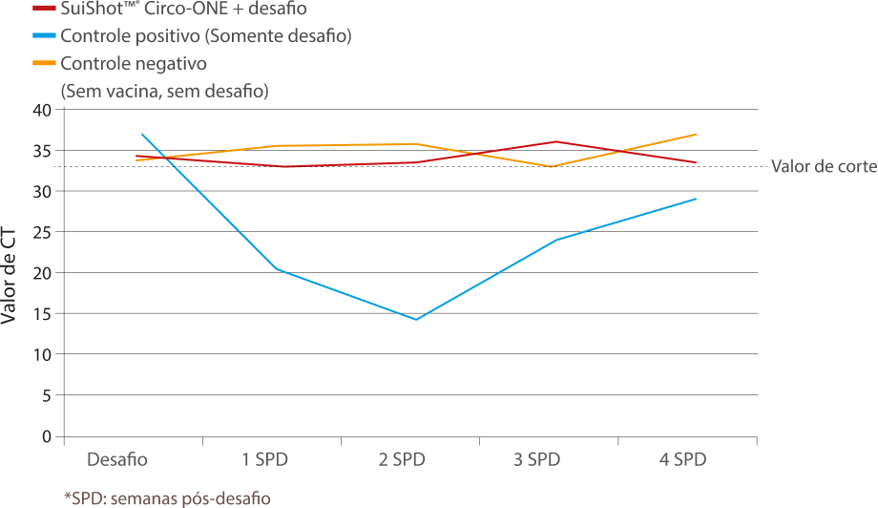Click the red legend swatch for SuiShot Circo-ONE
[44, 9]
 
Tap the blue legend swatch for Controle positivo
[44, 36]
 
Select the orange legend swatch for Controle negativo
[44, 63]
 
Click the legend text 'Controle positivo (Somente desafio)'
[206, 36]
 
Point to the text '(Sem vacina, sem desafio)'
[164, 91]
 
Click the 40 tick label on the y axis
[42, 110]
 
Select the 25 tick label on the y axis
[42, 232]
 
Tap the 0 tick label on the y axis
[47, 436]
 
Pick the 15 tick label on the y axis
[42, 313]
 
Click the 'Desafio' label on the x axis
[117, 460]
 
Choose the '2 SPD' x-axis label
[402, 460]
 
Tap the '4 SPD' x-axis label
[682, 460]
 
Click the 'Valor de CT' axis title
[9, 276]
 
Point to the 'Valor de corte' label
[825, 166]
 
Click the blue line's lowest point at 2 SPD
[415, 319]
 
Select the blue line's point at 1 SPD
[276, 269]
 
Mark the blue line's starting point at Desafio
[142, 135]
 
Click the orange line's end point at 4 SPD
[696, 135]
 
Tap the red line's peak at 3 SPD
[555, 141]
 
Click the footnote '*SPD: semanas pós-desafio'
[167, 497]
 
